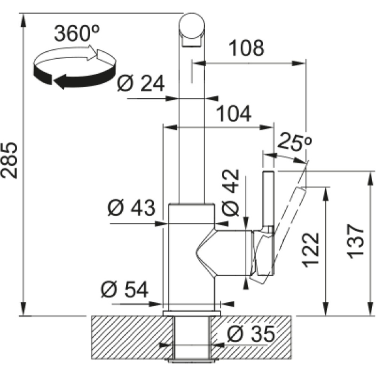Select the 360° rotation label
pyautogui.click(x=77, y=33)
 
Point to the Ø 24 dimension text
pyautogui.click(x=141, y=84)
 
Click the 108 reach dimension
pyautogui.click(x=246, y=48)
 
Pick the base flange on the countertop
pyautogui.click(x=191, y=313)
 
